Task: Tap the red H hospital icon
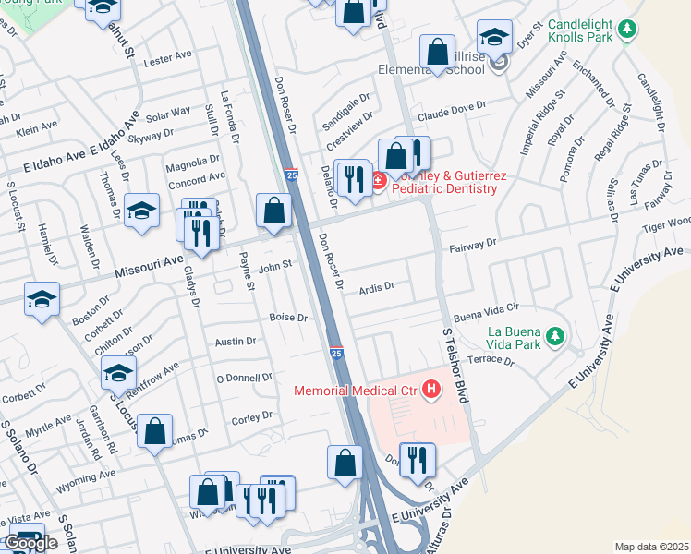click(x=430, y=390)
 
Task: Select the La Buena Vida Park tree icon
click(x=554, y=334)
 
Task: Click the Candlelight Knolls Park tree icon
click(x=627, y=30)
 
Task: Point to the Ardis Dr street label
click(x=376, y=287)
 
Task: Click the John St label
click(x=274, y=268)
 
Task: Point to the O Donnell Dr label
click(x=244, y=377)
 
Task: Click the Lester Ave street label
click(x=167, y=58)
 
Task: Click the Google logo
click(x=30, y=543)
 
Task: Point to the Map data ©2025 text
click(x=650, y=547)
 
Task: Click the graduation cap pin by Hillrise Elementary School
click(x=494, y=37)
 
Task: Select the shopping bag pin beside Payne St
click(x=273, y=210)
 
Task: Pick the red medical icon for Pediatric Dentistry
click(x=379, y=181)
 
